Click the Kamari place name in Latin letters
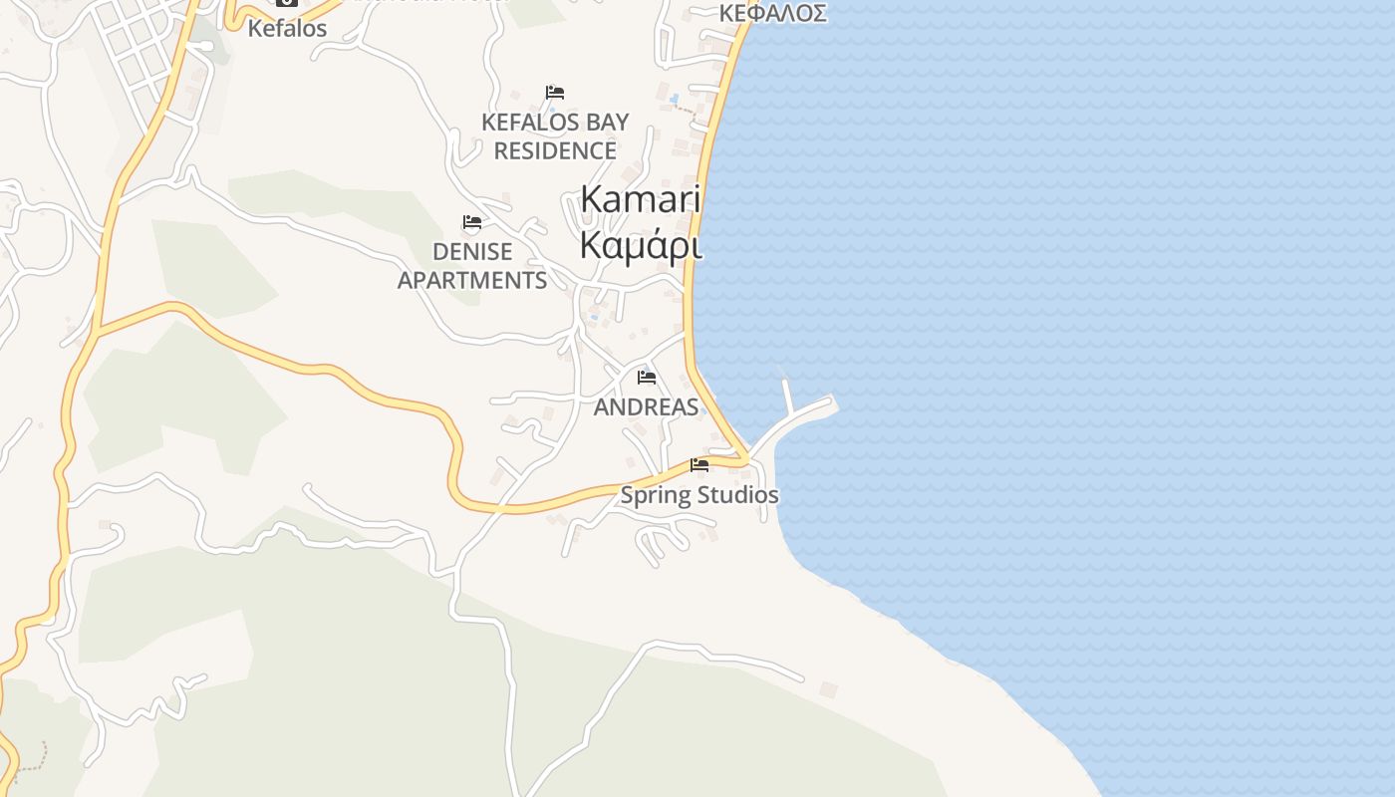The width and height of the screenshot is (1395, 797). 641,199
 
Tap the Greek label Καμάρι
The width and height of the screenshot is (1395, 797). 641,244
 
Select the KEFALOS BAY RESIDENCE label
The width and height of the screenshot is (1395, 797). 555,136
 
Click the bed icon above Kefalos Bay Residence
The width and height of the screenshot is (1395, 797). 555,93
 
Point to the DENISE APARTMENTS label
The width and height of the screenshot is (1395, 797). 472,266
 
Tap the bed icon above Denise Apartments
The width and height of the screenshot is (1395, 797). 472,222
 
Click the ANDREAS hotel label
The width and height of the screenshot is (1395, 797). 646,407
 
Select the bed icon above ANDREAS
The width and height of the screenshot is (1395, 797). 647,378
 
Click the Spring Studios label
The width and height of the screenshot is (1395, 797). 699,495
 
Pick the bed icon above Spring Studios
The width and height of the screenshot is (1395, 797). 699,465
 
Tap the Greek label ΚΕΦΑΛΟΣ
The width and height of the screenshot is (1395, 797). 773,13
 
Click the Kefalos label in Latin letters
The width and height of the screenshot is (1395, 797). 287,29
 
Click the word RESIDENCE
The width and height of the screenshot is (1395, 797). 555,151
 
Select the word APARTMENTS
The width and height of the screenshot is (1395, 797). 472,281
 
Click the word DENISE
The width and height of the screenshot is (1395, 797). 472,252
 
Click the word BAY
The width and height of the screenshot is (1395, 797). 606,123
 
